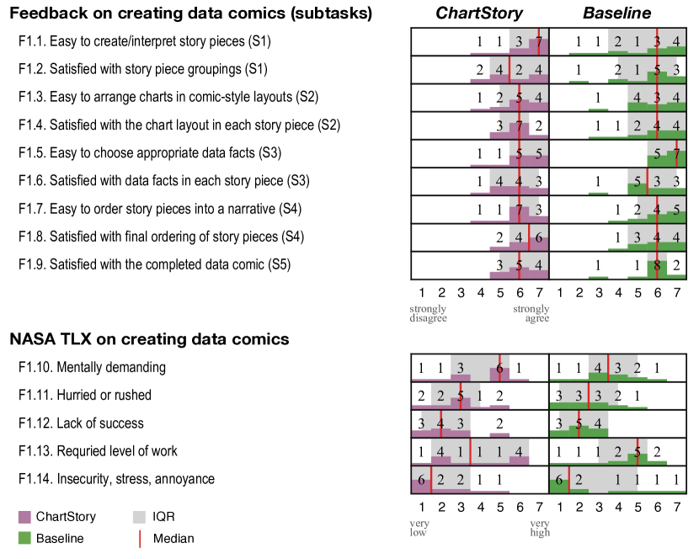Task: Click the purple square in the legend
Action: pos(24,517)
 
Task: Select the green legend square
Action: pos(24,538)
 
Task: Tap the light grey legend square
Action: pos(139,517)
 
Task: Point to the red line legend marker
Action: pos(140,539)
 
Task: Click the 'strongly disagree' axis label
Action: pos(428,313)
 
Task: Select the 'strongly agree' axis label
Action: pos(531,313)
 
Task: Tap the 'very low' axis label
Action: pos(419,528)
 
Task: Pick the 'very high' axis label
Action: pos(540,528)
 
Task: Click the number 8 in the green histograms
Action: pos(657,265)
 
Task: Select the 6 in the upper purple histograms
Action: pos(539,237)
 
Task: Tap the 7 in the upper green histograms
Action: pos(676,154)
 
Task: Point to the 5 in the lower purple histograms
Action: pos(461,395)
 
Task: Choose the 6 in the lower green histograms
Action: pos(558,480)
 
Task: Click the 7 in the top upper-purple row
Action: pos(539,41)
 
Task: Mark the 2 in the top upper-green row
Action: pos(617,41)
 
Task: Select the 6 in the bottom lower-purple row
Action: pos(421,480)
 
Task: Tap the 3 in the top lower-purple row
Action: pos(460,368)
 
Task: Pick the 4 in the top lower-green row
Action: pos(598,368)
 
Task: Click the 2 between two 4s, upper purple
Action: pos(519,69)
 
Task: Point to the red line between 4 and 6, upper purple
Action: pos(529,237)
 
